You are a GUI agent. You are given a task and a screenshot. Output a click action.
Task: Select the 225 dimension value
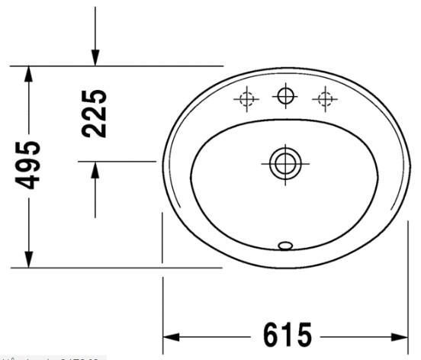tap(95, 112)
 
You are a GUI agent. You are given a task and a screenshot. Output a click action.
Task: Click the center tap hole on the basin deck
tap(285, 95)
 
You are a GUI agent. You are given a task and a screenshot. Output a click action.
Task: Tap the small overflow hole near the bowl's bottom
tap(287, 245)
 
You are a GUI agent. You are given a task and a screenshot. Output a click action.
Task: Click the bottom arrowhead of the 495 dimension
tap(28, 259)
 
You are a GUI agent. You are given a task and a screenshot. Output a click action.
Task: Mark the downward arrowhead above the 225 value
tap(95, 57)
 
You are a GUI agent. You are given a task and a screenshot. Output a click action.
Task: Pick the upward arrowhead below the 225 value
tap(95, 170)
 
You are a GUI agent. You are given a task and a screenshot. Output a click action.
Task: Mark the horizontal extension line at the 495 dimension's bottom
tap(114, 268)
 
